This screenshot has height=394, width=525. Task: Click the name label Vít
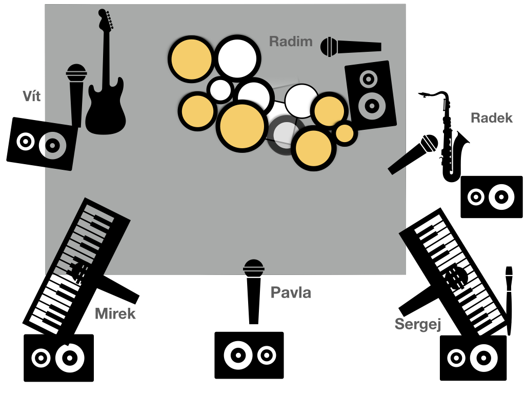pyautogui.click(x=32, y=96)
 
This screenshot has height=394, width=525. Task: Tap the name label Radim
pyautogui.click(x=291, y=42)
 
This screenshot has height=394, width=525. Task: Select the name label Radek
pyautogui.click(x=492, y=118)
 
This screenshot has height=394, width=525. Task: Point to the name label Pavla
pyautogui.click(x=291, y=292)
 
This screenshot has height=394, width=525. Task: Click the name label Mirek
pyautogui.click(x=115, y=314)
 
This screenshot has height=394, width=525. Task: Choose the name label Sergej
pyautogui.click(x=418, y=324)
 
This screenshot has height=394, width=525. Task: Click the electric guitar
pyautogui.click(x=106, y=72)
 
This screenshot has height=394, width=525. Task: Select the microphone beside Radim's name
pyautogui.click(x=351, y=47)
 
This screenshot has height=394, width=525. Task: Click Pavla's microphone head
pyautogui.click(x=253, y=268)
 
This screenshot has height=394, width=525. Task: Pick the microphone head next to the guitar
pyautogui.click(x=76, y=73)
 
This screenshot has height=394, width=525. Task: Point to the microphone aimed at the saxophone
pyautogui.click(x=413, y=154)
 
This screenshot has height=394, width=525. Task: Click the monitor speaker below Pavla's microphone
pyautogui.click(x=249, y=355)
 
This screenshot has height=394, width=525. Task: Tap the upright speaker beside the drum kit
pyautogui.click(x=371, y=95)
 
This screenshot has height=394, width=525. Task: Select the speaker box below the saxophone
pyautogui.click(x=492, y=197)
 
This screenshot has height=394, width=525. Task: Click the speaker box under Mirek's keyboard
pyautogui.click(x=58, y=358)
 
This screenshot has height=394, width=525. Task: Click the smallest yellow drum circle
pyautogui.click(x=345, y=133)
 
